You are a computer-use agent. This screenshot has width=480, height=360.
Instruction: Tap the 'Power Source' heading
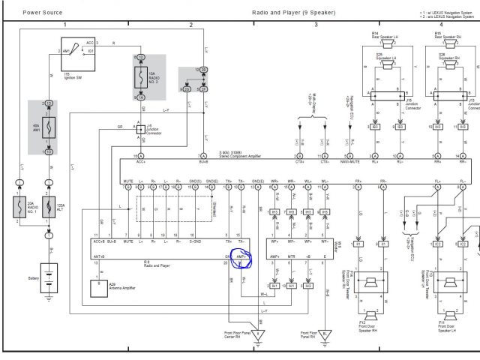[x=41, y=13]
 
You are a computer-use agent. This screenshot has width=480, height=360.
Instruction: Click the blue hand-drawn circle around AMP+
[x=242, y=259]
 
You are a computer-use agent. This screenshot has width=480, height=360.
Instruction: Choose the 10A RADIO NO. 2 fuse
[x=140, y=77]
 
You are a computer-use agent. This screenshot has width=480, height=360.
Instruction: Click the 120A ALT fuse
[x=49, y=208]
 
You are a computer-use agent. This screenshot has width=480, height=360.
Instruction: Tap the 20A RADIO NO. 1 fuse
[x=20, y=208]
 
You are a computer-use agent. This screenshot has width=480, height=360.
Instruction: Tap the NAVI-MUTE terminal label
[x=350, y=160]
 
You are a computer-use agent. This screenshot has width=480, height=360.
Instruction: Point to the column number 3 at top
[x=316, y=25]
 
